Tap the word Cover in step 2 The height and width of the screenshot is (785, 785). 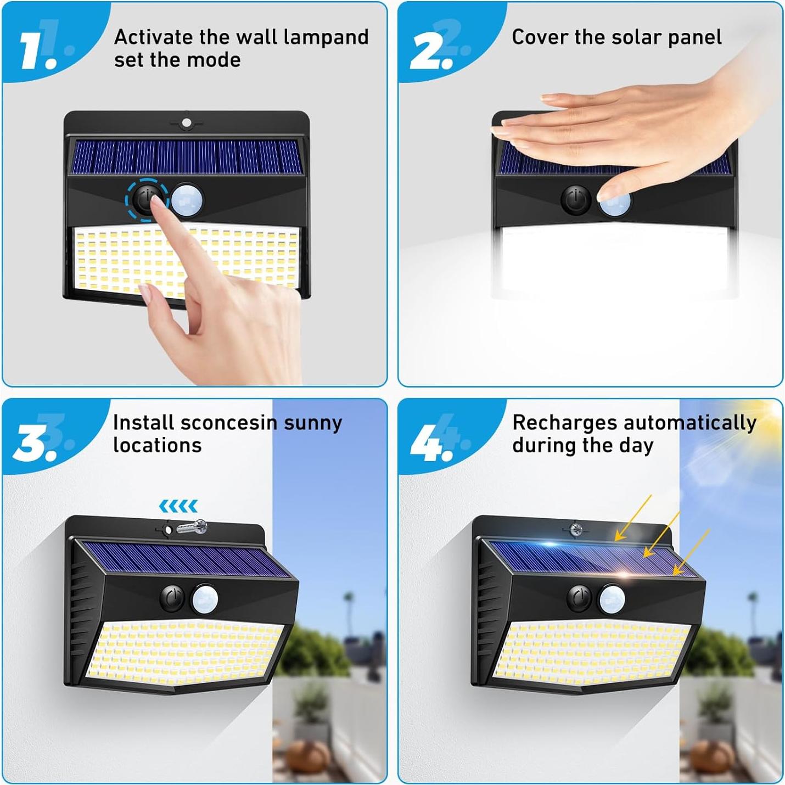click(540, 37)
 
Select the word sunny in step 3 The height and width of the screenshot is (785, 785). click(312, 423)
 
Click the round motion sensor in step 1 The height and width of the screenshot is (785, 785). click(187, 200)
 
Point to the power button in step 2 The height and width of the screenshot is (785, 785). click(575, 199)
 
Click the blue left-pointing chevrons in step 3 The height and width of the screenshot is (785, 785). click(178, 506)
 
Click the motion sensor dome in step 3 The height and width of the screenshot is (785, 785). click(205, 598)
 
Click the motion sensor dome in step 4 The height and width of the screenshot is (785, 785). click(612, 598)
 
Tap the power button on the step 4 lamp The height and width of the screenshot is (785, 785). click(579, 597)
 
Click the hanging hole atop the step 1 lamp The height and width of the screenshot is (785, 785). click(187, 123)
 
